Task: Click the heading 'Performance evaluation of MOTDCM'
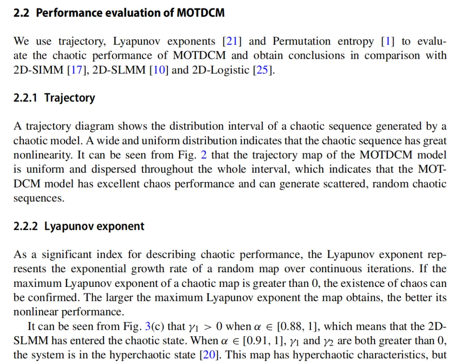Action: coord(130,13)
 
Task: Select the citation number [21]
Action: coord(232,41)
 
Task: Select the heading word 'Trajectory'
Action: coord(69,98)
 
